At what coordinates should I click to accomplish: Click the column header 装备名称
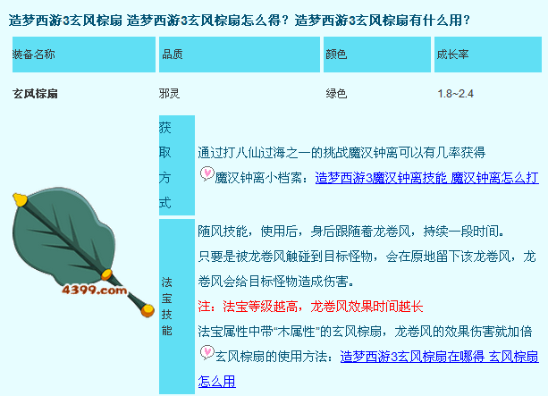tap(34, 55)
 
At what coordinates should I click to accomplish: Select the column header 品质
tap(173, 55)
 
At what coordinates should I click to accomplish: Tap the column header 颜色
tap(336, 55)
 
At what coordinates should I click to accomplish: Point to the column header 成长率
tap(452, 55)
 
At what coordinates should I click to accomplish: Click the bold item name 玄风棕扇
tap(35, 94)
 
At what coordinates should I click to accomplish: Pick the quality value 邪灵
tap(169, 94)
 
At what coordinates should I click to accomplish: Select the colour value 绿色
tap(336, 94)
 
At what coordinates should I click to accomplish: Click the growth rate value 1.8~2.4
tap(455, 94)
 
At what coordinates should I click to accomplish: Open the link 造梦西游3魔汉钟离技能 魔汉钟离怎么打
tap(426, 178)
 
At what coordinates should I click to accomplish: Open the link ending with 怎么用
tap(368, 369)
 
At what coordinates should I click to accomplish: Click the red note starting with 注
tap(310, 307)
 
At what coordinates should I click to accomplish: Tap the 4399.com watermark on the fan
tap(95, 290)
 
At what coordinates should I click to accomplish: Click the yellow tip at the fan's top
tap(20, 199)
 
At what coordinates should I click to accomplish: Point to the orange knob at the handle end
tap(148, 310)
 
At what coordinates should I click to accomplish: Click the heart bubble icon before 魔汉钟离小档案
tap(207, 173)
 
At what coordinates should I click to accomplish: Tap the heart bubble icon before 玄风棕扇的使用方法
tap(207, 352)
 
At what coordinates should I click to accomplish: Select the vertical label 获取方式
tap(165, 165)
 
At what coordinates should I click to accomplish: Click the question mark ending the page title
tap(467, 21)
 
